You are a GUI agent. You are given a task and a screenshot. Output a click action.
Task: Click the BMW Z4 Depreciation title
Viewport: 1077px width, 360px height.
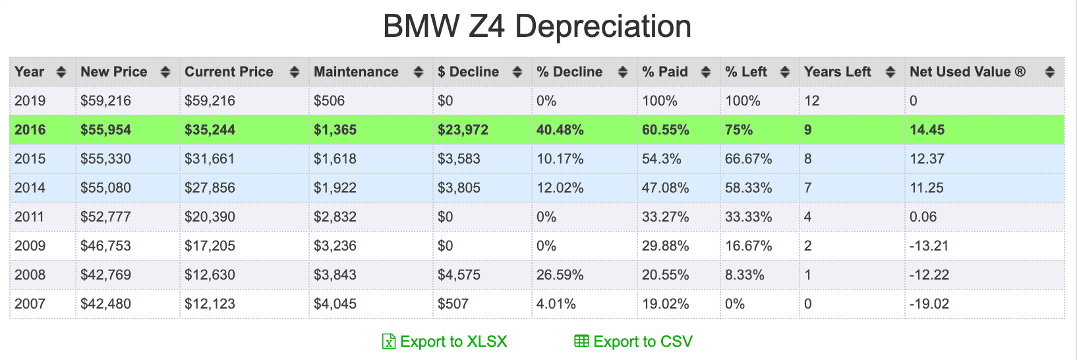coord(537,26)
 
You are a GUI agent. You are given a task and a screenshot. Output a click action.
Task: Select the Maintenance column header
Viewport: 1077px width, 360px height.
coord(357,72)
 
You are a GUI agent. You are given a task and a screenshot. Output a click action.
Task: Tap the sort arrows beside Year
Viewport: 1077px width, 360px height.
coord(61,72)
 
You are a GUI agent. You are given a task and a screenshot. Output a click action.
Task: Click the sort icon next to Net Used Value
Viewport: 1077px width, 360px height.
coord(1050,72)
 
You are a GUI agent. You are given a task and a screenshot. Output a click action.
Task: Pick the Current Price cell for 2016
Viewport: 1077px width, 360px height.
coord(210,129)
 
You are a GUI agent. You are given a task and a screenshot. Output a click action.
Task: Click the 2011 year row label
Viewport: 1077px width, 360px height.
coord(29,216)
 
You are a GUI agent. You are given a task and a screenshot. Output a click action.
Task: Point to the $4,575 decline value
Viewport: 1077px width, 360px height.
coord(459,275)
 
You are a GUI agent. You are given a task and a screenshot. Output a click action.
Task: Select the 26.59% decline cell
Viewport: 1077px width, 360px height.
coord(560,275)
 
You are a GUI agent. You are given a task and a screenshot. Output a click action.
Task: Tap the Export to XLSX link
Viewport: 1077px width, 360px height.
coord(444,342)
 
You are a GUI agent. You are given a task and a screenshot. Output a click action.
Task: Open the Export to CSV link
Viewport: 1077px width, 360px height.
coord(633,342)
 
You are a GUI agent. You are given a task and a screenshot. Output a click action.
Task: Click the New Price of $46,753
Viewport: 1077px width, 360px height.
coord(105,245)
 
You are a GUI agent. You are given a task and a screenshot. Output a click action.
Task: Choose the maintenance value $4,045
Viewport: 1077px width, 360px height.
coord(335,304)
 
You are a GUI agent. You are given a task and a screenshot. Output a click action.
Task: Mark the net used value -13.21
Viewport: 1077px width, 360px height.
coord(929,245)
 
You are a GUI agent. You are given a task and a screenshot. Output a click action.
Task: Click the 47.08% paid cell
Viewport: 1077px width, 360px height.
coord(666,188)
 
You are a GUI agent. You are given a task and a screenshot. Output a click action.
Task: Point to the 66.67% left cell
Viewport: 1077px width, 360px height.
coord(749,159)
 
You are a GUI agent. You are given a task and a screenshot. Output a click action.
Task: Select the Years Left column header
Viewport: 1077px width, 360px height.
coord(838,72)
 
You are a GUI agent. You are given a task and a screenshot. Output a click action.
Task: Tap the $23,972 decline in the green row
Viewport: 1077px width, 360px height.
coord(463,129)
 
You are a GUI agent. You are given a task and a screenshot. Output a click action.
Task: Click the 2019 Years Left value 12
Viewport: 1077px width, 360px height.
coord(811,101)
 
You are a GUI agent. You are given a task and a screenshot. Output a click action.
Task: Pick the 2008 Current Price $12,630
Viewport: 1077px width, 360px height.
coord(210,275)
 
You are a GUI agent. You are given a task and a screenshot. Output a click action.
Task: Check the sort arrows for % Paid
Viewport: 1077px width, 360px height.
coord(706,72)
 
